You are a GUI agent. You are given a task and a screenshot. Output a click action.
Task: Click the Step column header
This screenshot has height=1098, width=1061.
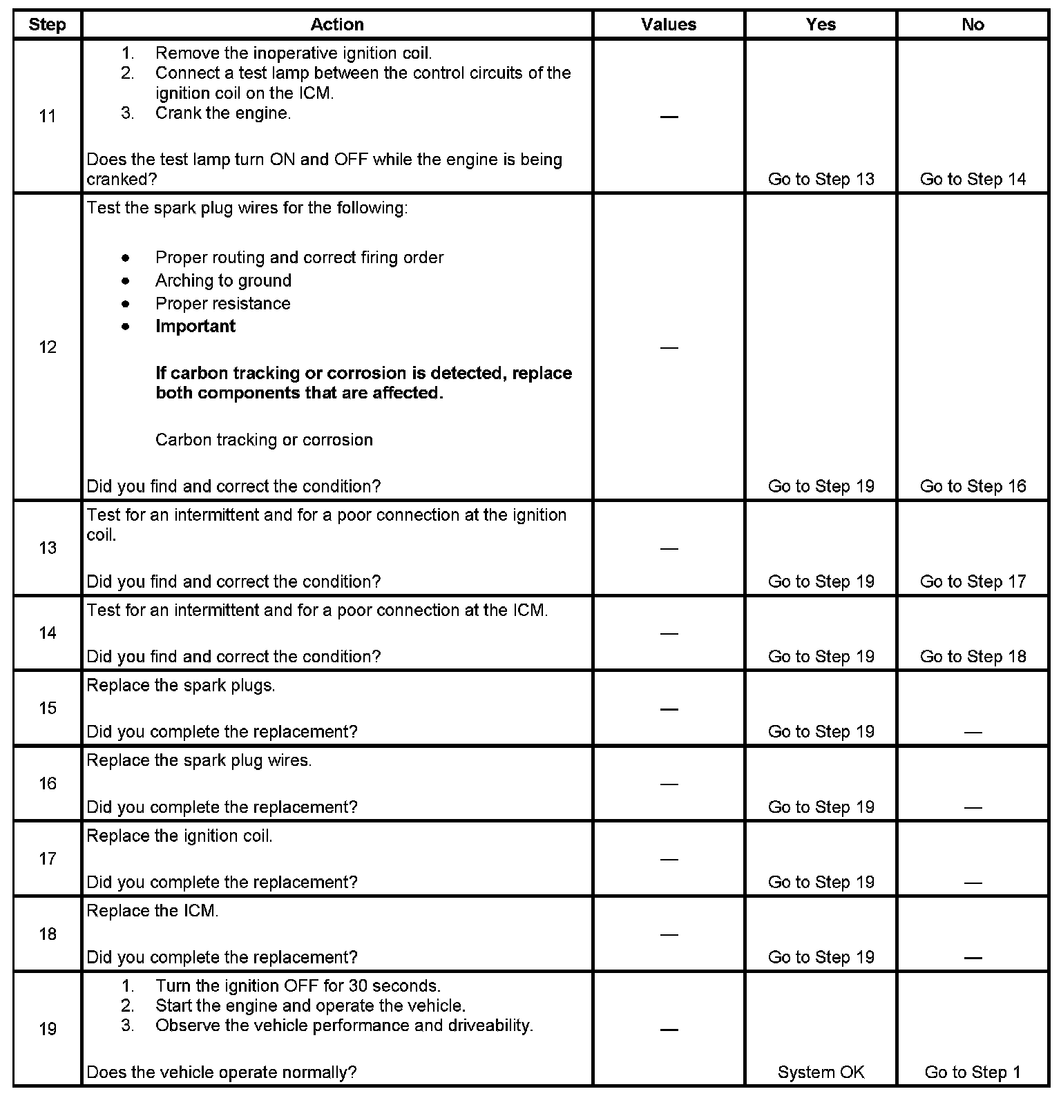pyautogui.click(x=47, y=25)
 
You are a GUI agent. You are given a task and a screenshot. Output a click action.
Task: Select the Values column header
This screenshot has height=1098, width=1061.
pyautogui.click(x=669, y=25)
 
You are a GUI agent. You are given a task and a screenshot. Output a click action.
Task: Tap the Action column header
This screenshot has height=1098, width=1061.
pyautogui.click(x=337, y=25)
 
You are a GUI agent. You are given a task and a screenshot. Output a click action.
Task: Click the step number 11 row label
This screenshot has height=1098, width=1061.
pyautogui.click(x=47, y=116)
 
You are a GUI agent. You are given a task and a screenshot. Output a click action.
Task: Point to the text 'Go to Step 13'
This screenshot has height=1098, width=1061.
pyautogui.click(x=821, y=180)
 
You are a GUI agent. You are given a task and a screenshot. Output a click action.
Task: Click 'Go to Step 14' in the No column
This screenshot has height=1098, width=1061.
pyautogui.click(x=973, y=180)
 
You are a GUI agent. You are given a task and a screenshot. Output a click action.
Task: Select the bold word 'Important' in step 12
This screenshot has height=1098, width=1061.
pyautogui.click(x=195, y=327)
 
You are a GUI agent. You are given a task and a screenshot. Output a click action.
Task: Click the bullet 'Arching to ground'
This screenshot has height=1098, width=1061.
pyautogui.click(x=223, y=280)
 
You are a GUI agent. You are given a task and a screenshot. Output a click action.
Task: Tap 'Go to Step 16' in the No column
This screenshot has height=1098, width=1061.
pyautogui.click(x=973, y=487)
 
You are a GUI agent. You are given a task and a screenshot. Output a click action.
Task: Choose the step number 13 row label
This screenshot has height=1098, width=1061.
pyautogui.click(x=47, y=548)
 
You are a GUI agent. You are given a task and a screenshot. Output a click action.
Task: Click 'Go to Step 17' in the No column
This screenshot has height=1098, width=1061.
pyautogui.click(x=973, y=582)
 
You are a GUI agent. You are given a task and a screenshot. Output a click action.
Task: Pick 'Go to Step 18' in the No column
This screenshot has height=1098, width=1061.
pyautogui.click(x=973, y=657)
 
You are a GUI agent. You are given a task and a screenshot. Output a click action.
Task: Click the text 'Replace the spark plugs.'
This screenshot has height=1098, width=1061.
pyautogui.click(x=181, y=686)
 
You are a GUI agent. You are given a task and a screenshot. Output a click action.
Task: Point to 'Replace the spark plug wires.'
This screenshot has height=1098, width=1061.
pyautogui.click(x=199, y=761)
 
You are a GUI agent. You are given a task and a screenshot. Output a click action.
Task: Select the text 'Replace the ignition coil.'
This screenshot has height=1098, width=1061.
pyautogui.click(x=180, y=836)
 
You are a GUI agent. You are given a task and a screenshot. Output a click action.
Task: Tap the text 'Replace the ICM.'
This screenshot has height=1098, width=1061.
pyautogui.click(x=153, y=912)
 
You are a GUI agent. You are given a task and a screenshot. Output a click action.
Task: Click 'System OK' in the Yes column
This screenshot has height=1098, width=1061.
pyautogui.click(x=821, y=1072)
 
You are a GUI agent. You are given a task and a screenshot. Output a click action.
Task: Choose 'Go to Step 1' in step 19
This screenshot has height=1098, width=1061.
pyautogui.click(x=973, y=1072)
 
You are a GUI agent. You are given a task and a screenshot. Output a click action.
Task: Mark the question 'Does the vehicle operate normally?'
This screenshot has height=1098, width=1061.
pyautogui.click(x=222, y=1072)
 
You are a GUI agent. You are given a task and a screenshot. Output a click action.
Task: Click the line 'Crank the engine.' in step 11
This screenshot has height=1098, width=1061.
pyautogui.click(x=223, y=113)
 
